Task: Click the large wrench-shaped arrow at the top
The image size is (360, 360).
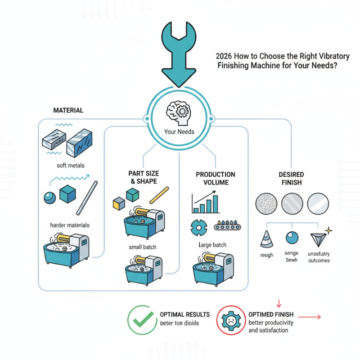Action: click(179, 54)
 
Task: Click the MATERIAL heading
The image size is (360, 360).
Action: click(68, 110)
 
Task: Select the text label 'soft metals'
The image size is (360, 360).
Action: click(71, 165)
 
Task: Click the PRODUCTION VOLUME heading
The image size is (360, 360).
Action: click(215, 178)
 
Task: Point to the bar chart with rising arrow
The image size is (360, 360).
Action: click(205, 202)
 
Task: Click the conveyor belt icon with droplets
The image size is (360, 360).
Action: click(229, 225)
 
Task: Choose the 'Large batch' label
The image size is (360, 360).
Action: click(212, 245)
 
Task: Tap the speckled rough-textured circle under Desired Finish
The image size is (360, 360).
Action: click(265, 203)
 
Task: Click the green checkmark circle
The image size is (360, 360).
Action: click(141, 319)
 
